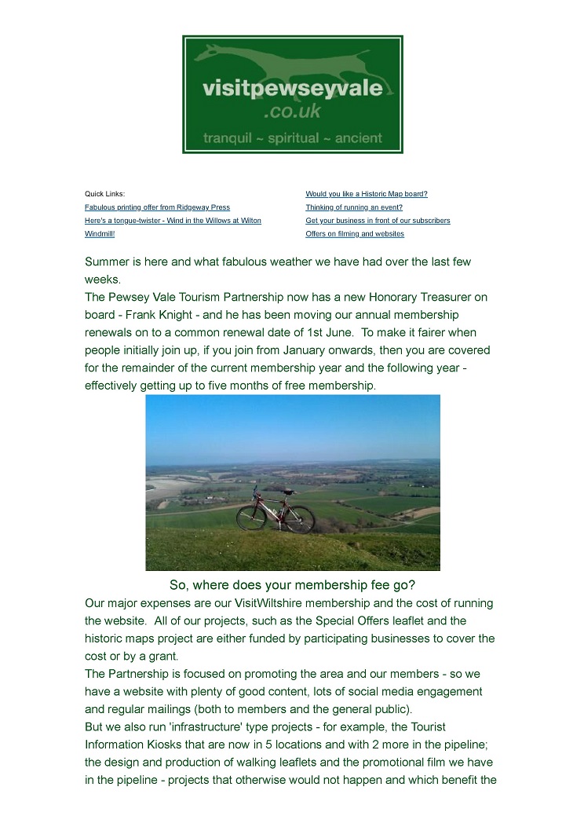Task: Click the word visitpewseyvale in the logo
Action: pos(293,88)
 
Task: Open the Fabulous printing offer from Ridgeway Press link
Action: pos(157,207)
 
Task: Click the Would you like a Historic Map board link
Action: pos(367,194)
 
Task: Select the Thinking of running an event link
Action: pos(354,207)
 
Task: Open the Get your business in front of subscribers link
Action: pos(378,221)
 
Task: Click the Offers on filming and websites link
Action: pos(355,234)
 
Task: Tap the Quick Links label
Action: pos(104,194)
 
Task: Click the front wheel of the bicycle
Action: pos(300,518)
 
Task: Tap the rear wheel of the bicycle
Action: pos(251,518)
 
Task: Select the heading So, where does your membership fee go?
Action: pos(292,585)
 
